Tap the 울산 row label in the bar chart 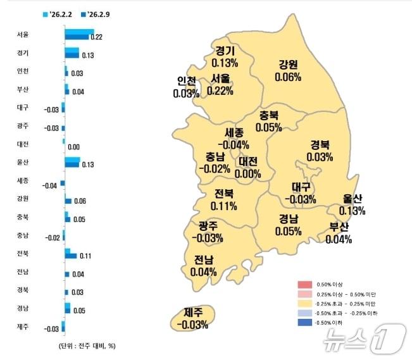pos(22,162)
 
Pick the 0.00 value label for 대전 pos(73,146)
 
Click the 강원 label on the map pos(288,65)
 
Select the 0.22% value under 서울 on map pos(220,91)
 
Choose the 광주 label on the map pos(209,226)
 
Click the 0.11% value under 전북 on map pos(225,206)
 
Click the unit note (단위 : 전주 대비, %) pos(86,346)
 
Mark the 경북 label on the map pos(320,144)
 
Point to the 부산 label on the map pos(339,228)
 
